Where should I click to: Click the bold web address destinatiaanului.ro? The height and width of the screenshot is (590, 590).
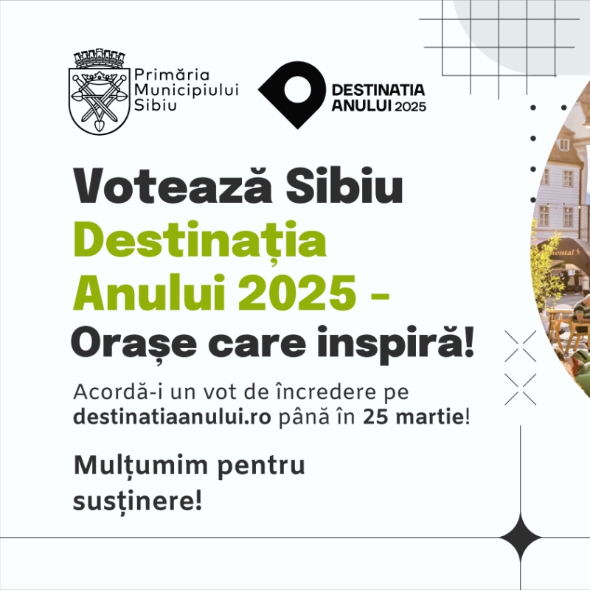[x=174, y=417]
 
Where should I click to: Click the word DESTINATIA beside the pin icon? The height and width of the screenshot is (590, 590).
[x=378, y=90]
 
